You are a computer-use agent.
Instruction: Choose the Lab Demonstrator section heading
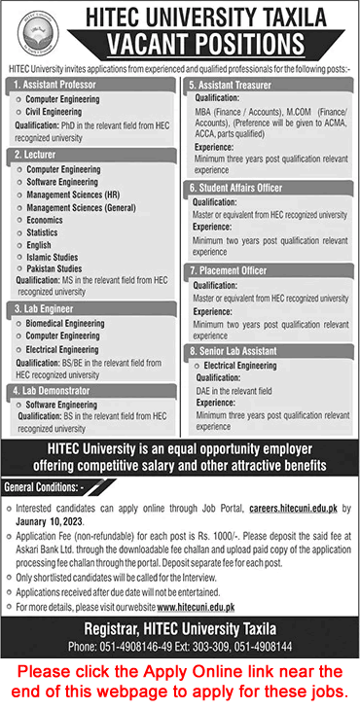click(x=54, y=390)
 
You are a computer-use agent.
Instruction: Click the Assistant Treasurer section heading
click(x=234, y=85)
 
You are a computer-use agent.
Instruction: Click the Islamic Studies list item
click(x=53, y=257)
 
